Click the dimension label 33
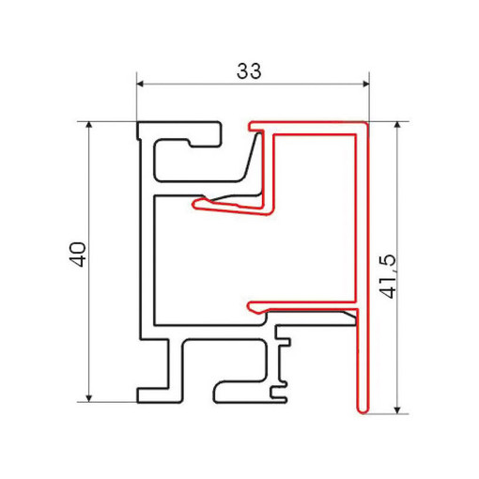click(249, 70)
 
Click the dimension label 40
click(77, 255)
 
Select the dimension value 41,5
click(387, 276)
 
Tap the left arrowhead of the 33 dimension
click(140, 84)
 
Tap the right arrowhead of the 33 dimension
click(366, 84)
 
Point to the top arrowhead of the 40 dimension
click(89, 125)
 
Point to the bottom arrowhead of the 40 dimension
click(89, 398)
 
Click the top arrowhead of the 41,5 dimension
click(397, 125)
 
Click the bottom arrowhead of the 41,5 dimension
click(397, 410)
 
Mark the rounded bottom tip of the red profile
click(363, 410)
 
